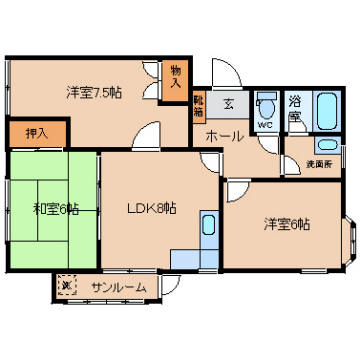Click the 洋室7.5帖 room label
(x=95, y=93)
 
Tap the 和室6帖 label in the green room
(x=56, y=209)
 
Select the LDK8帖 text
(x=151, y=209)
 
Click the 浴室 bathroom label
(x=295, y=109)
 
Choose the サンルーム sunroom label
(x=119, y=287)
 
